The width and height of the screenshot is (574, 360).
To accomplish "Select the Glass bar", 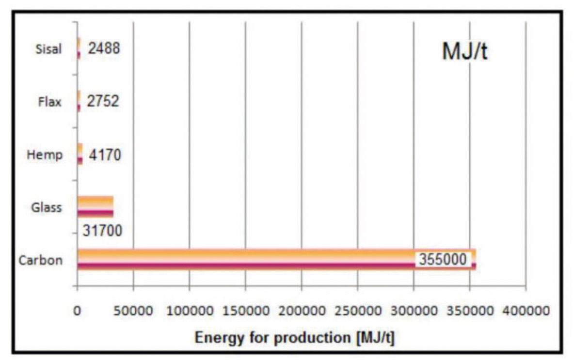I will click(95, 207).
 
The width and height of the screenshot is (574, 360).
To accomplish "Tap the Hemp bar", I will click(80, 155).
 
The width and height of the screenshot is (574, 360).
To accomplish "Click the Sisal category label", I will click(49, 49).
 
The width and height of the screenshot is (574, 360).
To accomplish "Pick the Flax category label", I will click(50, 102).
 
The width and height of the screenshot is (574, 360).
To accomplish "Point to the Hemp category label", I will click(45, 155).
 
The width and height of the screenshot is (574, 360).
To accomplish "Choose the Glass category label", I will click(46, 207).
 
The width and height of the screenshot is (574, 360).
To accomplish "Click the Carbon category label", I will click(41, 260).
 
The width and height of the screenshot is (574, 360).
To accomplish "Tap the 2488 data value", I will click(103, 48).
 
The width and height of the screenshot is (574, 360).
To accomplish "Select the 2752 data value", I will click(103, 101).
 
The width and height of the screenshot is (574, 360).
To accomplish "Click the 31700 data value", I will click(101, 232).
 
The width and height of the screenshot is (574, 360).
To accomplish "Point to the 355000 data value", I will click(443, 259).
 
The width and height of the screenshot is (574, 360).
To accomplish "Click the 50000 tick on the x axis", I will click(133, 310).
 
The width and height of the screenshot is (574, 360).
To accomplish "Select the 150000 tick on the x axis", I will click(246, 310).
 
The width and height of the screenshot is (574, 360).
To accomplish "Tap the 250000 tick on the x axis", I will click(358, 310).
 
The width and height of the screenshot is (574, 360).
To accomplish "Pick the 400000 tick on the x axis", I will click(526, 310).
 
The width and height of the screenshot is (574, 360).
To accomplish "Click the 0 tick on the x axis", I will click(77, 310).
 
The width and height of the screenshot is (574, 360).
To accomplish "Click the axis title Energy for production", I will click(295, 338).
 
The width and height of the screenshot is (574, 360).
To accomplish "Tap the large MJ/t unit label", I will click(464, 52).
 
